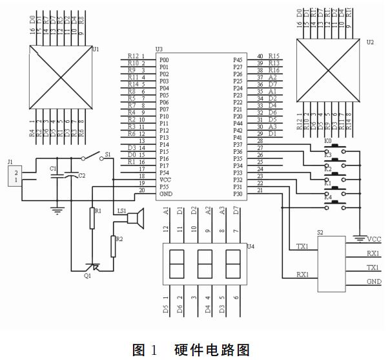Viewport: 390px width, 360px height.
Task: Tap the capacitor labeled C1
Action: (57, 175)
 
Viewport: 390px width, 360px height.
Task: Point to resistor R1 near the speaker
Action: (92, 218)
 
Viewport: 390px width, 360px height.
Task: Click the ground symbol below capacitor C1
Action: (57, 208)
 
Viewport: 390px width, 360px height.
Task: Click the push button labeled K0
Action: (336, 146)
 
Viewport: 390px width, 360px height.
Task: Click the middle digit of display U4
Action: (204, 263)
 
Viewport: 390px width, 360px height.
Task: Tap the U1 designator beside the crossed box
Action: (96, 48)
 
